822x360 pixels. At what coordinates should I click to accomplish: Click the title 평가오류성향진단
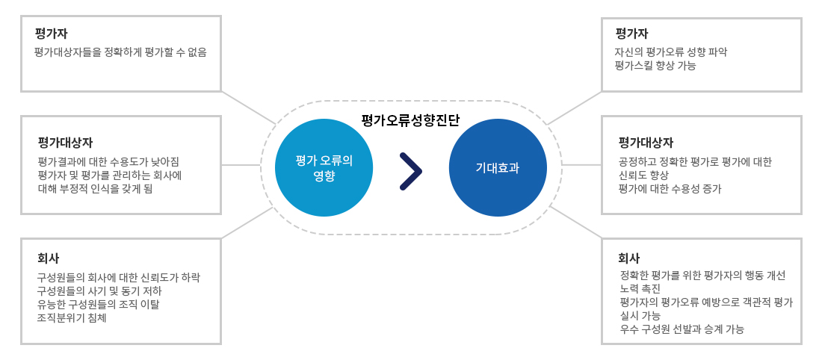(410, 120)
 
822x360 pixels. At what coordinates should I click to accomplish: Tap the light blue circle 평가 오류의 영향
(324, 168)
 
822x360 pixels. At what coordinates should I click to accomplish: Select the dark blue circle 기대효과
(498, 168)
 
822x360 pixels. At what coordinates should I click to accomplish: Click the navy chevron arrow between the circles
(410, 171)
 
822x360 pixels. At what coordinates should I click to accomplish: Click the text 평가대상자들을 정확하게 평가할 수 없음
(120, 52)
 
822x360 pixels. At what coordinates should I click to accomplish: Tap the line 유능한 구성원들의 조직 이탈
(98, 305)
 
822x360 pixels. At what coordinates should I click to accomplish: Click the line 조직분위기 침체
(72, 317)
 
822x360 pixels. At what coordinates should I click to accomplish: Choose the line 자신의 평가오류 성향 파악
(670, 52)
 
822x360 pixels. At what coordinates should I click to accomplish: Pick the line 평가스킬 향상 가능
(655, 66)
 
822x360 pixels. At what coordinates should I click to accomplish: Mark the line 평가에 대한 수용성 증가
(670, 189)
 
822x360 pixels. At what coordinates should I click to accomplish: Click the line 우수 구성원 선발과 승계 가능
(682, 329)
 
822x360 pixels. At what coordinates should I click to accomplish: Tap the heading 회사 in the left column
(49, 258)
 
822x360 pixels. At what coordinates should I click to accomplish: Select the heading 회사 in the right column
(629, 258)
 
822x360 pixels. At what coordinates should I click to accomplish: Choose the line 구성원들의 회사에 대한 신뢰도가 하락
(119, 277)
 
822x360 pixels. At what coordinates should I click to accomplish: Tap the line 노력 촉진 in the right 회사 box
(640, 289)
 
